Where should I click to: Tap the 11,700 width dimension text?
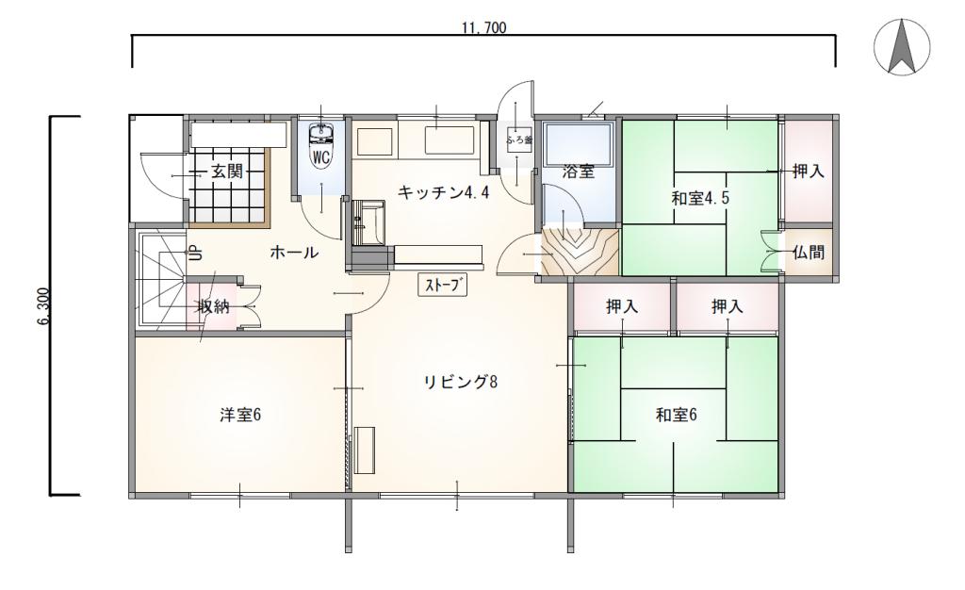[x=483, y=28]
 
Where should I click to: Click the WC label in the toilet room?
[x=320, y=157]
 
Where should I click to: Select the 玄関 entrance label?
[x=226, y=172]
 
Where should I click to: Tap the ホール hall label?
[x=293, y=253]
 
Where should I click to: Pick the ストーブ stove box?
[x=444, y=285]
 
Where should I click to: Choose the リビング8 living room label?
[x=459, y=382]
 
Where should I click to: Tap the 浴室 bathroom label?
[x=578, y=172]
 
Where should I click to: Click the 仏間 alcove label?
[x=808, y=253]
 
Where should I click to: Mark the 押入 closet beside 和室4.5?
[x=808, y=172]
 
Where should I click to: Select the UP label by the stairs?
[x=191, y=253]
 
